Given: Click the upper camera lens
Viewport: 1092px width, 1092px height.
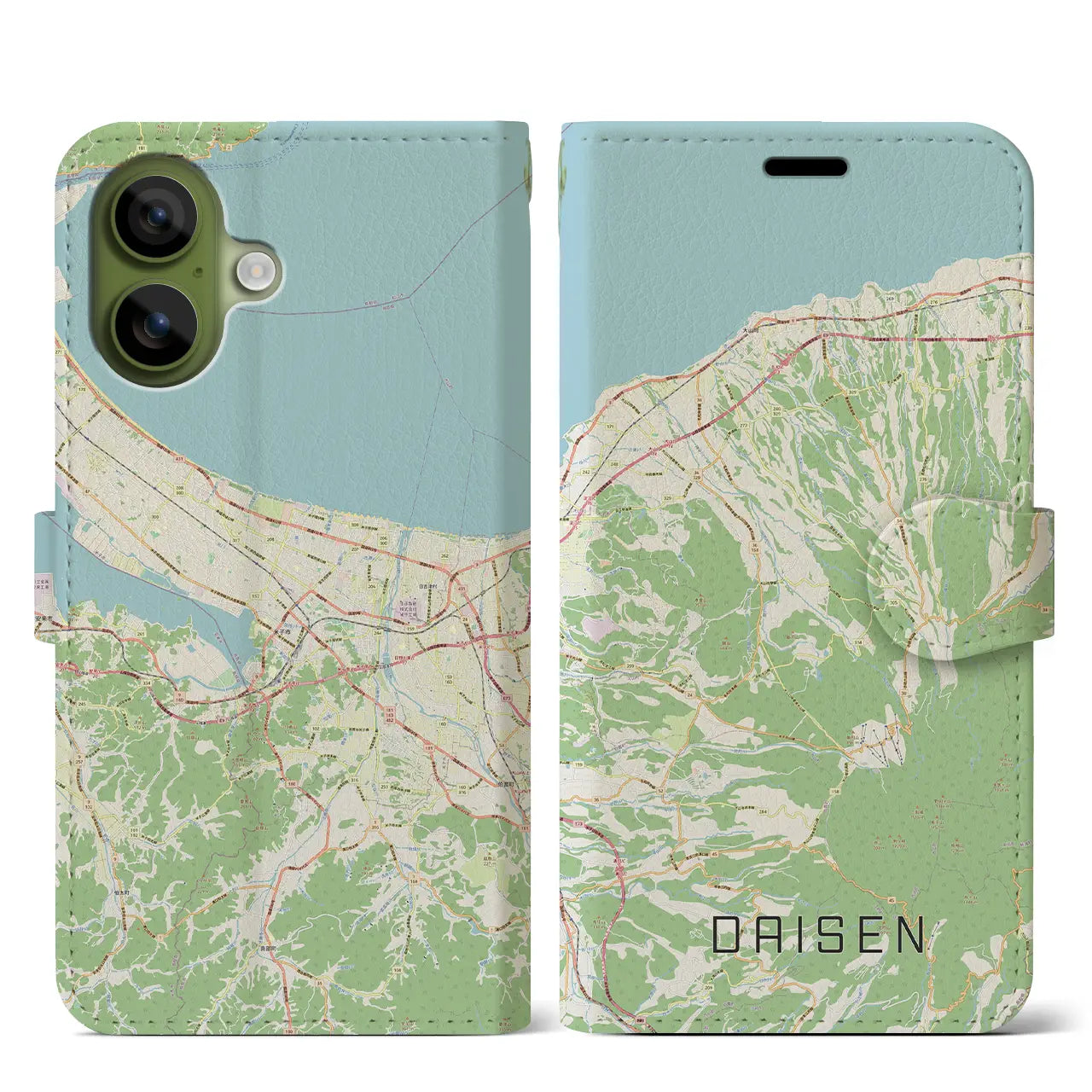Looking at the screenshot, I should tap(155, 217).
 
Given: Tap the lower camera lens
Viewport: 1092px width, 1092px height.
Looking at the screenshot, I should tap(155, 326).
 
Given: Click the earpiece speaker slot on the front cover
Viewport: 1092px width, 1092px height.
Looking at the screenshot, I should tap(805, 166).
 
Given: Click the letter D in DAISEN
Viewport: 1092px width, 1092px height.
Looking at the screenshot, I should tap(727, 935).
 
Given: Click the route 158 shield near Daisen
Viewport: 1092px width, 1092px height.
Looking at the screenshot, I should tap(833, 790).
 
